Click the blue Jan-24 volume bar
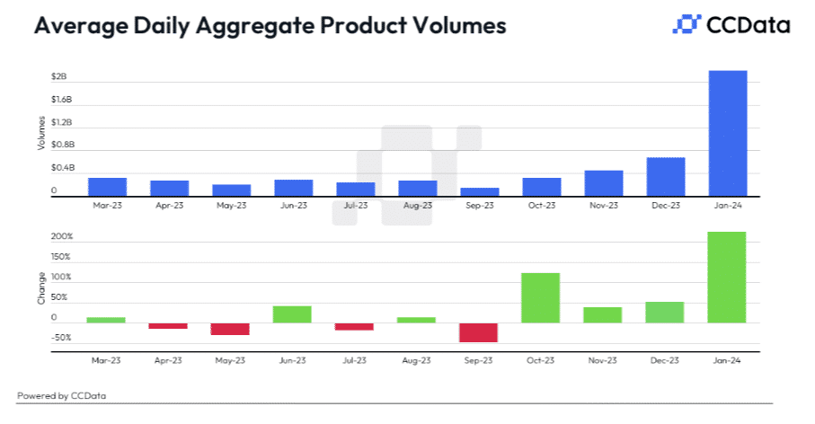[728, 133]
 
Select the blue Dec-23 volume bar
[666, 177]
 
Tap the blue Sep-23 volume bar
[479, 191]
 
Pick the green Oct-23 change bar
[541, 297]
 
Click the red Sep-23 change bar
[479, 332]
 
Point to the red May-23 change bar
[231, 329]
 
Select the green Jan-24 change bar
[727, 277]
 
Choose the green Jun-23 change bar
[293, 314]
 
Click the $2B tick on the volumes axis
[58, 77]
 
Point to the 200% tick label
[62, 237]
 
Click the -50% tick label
[62, 338]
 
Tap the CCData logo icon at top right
[686, 24]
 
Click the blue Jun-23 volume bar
[293, 188]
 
